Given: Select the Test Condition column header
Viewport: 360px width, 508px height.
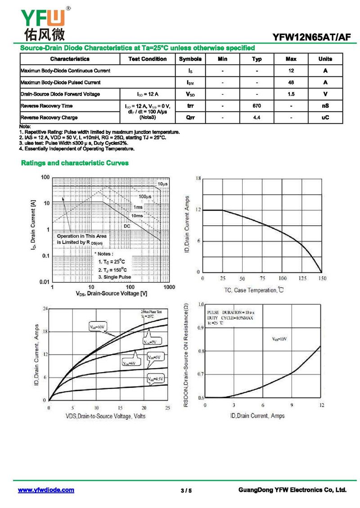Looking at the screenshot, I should [x=147, y=59].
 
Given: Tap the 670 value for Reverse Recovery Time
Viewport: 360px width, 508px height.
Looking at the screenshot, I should [x=256, y=106].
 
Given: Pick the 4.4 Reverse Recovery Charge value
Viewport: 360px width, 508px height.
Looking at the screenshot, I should [x=256, y=117].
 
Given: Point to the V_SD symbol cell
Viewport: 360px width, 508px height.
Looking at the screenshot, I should [x=190, y=94].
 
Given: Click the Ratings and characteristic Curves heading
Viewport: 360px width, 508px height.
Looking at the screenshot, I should [x=75, y=163].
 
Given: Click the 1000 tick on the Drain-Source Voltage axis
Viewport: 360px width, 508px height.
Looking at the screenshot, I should [x=169, y=287].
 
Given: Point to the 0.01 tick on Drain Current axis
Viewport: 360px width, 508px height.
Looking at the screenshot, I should [x=44, y=282].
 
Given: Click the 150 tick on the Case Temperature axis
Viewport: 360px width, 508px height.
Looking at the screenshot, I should [x=322, y=279].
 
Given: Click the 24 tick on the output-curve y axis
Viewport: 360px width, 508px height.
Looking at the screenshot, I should [x=45, y=308].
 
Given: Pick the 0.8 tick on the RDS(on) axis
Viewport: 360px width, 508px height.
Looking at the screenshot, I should [x=201, y=351].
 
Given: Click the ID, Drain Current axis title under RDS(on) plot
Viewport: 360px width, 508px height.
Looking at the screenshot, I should [x=257, y=416].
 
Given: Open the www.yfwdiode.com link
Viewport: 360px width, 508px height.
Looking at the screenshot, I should [x=46, y=490].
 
